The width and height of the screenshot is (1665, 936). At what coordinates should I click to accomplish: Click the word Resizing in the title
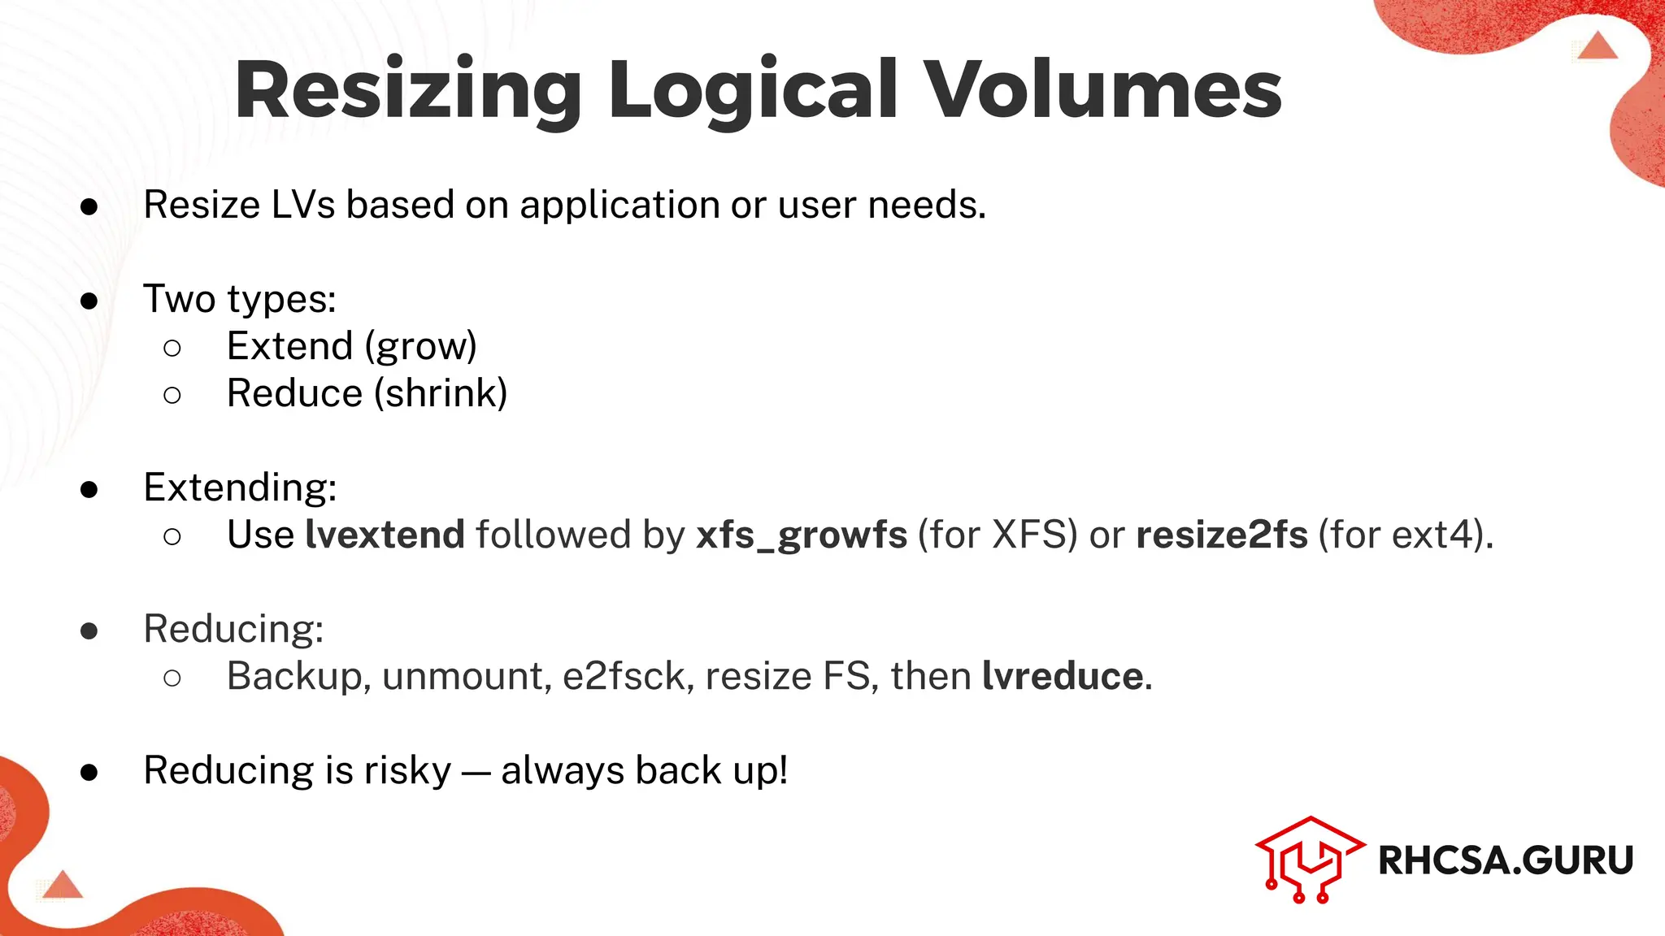[406, 91]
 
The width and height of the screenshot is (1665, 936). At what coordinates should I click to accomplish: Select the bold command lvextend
[385, 535]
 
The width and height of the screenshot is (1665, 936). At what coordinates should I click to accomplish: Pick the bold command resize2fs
[1221, 535]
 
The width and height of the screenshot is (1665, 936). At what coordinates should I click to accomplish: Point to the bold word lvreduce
[1063, 676]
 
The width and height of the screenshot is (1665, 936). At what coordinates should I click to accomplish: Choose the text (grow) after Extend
[420, 347]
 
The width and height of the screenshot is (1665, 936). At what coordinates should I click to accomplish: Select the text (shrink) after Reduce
[441, 394]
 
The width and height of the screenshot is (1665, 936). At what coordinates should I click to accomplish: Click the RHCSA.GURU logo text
[1505, 860]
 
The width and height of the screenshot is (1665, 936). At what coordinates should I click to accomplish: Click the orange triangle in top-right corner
[1597, 46]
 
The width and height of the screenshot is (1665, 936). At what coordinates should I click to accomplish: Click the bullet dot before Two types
[89, 301]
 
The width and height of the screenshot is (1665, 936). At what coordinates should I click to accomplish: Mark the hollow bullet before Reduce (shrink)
[172, 395]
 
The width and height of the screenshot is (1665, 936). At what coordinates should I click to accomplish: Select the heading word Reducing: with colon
[233, 629]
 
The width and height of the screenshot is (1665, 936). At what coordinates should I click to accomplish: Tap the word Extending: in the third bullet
[240, 487]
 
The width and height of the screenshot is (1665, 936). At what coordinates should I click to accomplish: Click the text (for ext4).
[1405, 535]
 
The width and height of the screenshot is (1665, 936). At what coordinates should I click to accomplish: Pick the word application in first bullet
[619, 205]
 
